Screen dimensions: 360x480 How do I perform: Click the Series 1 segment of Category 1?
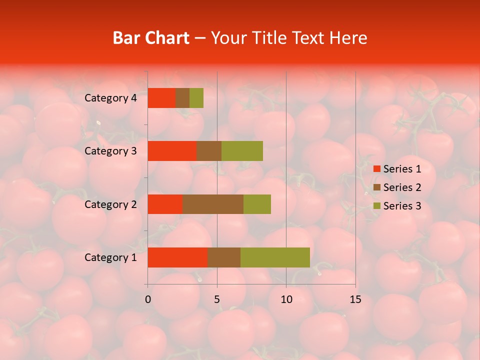177,257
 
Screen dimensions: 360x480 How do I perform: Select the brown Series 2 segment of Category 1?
224,257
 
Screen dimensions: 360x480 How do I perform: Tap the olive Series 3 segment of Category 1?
275,257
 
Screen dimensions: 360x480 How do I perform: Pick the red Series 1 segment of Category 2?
165,204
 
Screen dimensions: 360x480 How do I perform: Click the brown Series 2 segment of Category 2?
213,204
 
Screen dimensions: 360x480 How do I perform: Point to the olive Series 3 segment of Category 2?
257,204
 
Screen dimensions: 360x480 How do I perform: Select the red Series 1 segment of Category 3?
172,151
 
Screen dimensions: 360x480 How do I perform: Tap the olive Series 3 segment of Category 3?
242,151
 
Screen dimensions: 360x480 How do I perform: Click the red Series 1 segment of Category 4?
161,98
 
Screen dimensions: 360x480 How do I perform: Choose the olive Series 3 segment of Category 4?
196,98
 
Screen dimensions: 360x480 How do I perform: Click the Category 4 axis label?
110,98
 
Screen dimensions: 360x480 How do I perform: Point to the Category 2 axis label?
110,204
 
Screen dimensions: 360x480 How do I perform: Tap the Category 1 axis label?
110,257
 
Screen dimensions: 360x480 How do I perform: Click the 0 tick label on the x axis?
148,299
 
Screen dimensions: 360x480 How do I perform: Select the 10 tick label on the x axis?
286,299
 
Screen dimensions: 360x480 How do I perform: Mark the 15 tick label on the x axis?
355,299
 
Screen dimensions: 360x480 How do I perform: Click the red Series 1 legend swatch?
376,169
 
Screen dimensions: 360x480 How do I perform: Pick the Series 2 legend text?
402,187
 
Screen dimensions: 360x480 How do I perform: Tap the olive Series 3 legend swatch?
376,206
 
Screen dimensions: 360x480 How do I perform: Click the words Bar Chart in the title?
151,38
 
